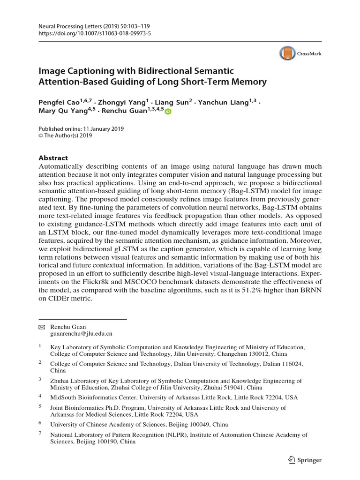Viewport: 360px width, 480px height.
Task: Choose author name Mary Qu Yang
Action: (62, 112)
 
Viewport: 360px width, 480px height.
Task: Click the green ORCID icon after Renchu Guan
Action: (168, 112)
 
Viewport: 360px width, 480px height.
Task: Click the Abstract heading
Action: (53, 158)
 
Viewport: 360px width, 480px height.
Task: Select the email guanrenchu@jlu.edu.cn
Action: (81, 334)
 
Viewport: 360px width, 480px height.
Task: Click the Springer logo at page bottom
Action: (305, 460)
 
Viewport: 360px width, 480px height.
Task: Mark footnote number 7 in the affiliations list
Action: (40, 435)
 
